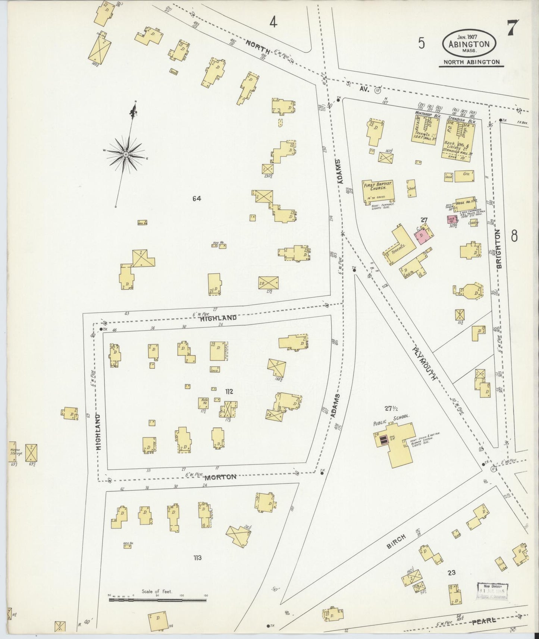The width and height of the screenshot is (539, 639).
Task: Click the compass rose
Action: coord(126,154)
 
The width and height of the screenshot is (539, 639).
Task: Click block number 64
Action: coord(197,199)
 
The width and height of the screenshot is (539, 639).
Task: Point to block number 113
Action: coord(197,558)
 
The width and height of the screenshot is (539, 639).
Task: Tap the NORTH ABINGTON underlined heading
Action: coord(471,62)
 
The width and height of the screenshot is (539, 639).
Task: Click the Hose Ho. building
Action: coord(464,201)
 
